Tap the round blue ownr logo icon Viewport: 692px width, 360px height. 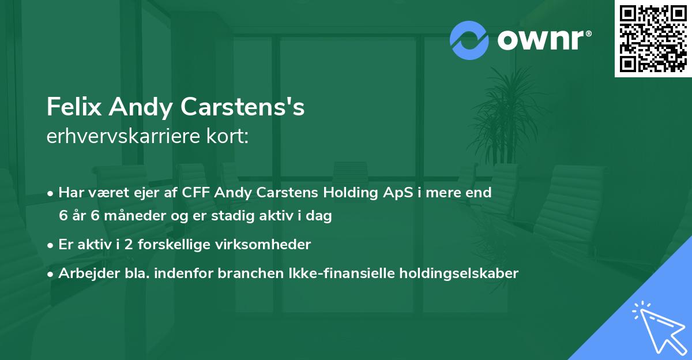469,40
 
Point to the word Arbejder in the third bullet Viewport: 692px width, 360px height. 85,273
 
